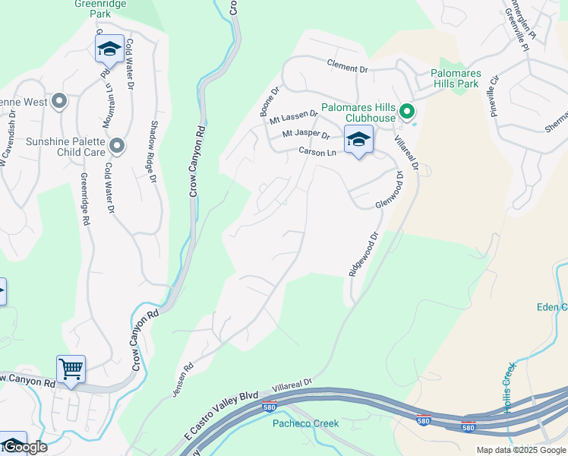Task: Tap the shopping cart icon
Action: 71,370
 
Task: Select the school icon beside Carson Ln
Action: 358,140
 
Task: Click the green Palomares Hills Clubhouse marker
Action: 407,112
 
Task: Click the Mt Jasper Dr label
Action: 306,135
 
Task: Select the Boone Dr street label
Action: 270,100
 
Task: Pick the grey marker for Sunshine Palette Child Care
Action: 117,145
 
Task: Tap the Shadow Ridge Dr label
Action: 153,152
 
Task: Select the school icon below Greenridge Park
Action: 109,49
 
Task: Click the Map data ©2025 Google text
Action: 520,450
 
